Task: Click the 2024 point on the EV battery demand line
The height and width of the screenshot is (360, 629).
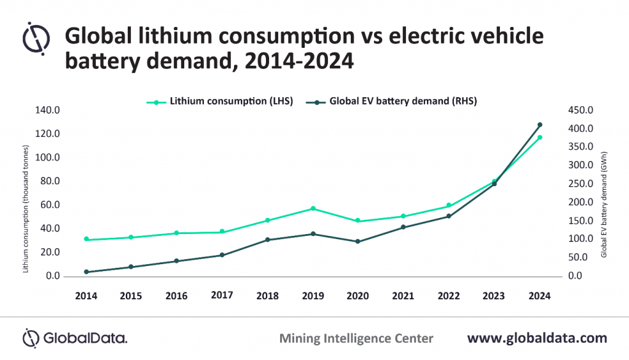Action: point(539,125)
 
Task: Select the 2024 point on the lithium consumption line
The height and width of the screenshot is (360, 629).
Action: point(539,138)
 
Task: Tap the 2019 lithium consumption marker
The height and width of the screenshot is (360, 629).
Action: point(313,209)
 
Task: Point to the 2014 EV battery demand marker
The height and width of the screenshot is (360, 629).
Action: point(86,272)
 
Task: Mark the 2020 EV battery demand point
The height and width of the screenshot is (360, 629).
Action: point(358,241)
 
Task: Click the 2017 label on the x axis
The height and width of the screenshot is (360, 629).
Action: point(222,295)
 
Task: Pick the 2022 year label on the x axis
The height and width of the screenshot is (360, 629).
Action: point(448,295)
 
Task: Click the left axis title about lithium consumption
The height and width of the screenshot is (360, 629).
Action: point(26,209)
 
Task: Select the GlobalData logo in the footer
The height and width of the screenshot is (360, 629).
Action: point(75,338)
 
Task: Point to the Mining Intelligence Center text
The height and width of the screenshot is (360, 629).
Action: point(356,338)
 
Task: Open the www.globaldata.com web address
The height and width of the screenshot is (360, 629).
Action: point(537,338)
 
